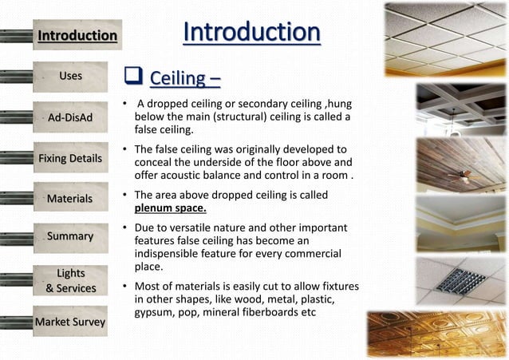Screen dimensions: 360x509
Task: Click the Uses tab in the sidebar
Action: click(x=70, y=77)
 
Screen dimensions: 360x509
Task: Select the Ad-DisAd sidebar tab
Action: click(x=70, y=118)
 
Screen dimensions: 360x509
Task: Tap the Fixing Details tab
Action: click(x=70, y=158)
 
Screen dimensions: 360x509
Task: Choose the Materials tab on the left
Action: click(x=70, y=198)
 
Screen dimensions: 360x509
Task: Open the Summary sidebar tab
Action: click(x=70, y=236)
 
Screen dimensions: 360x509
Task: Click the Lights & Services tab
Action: click(x=70, y=280)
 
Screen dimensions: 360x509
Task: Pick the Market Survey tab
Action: click(x=70, y=322)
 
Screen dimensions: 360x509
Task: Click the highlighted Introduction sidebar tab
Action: click(x=77, y=35)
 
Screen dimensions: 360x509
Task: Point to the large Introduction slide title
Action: click(x=251, y=33)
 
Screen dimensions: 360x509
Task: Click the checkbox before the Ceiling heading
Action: click(x=132, y=77)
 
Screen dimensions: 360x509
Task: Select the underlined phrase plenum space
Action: click(x=170, y=209)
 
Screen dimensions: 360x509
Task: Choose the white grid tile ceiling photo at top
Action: click(x=445, y=39)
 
